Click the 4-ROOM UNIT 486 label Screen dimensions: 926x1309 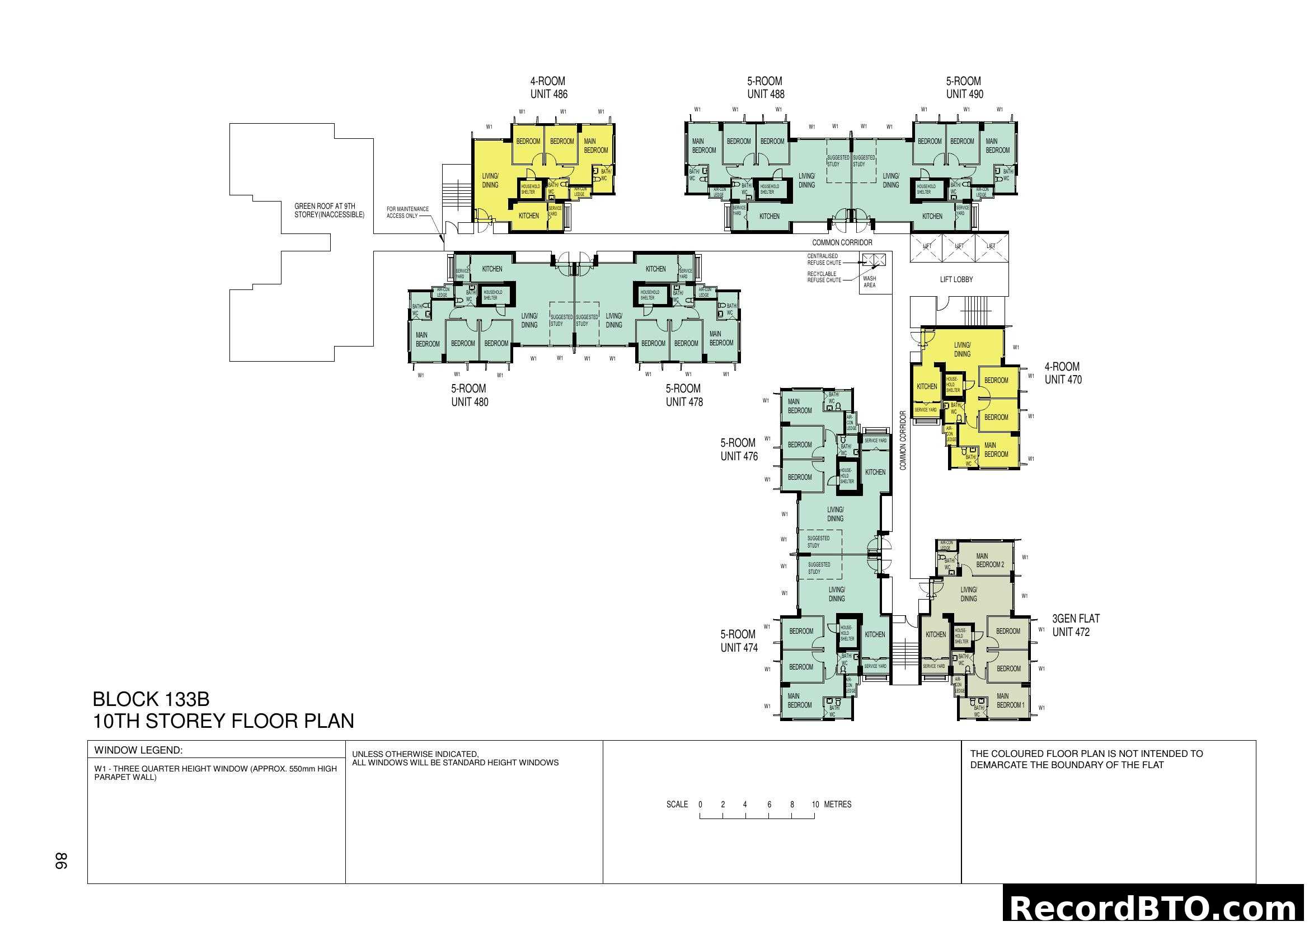(548, 88)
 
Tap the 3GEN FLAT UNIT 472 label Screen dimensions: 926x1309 (1075, 625)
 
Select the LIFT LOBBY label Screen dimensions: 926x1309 (956, 279)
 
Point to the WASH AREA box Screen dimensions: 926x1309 (870, 282)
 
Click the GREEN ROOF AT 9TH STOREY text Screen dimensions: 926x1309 (329, 211)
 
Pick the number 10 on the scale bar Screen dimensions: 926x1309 (815, 805)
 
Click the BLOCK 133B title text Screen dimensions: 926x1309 (151, 699)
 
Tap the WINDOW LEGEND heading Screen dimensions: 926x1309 (139, 750)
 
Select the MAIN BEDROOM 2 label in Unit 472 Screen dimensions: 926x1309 (990, 560)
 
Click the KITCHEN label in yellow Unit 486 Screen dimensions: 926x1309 (528, 216)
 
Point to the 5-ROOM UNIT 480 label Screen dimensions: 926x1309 (469, 395)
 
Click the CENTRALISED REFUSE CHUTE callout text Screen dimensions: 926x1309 (824, 259)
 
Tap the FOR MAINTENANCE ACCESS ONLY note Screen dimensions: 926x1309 (407, 212)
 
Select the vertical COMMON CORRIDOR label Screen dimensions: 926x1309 (903, 440)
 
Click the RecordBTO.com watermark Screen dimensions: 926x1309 (1154, 908)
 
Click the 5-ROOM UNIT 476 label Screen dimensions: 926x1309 (739, 450)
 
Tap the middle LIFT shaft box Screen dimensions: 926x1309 (959, 246)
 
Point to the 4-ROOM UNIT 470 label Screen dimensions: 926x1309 (1063, 373)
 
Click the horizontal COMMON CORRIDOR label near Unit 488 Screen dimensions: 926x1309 (842, 242)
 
